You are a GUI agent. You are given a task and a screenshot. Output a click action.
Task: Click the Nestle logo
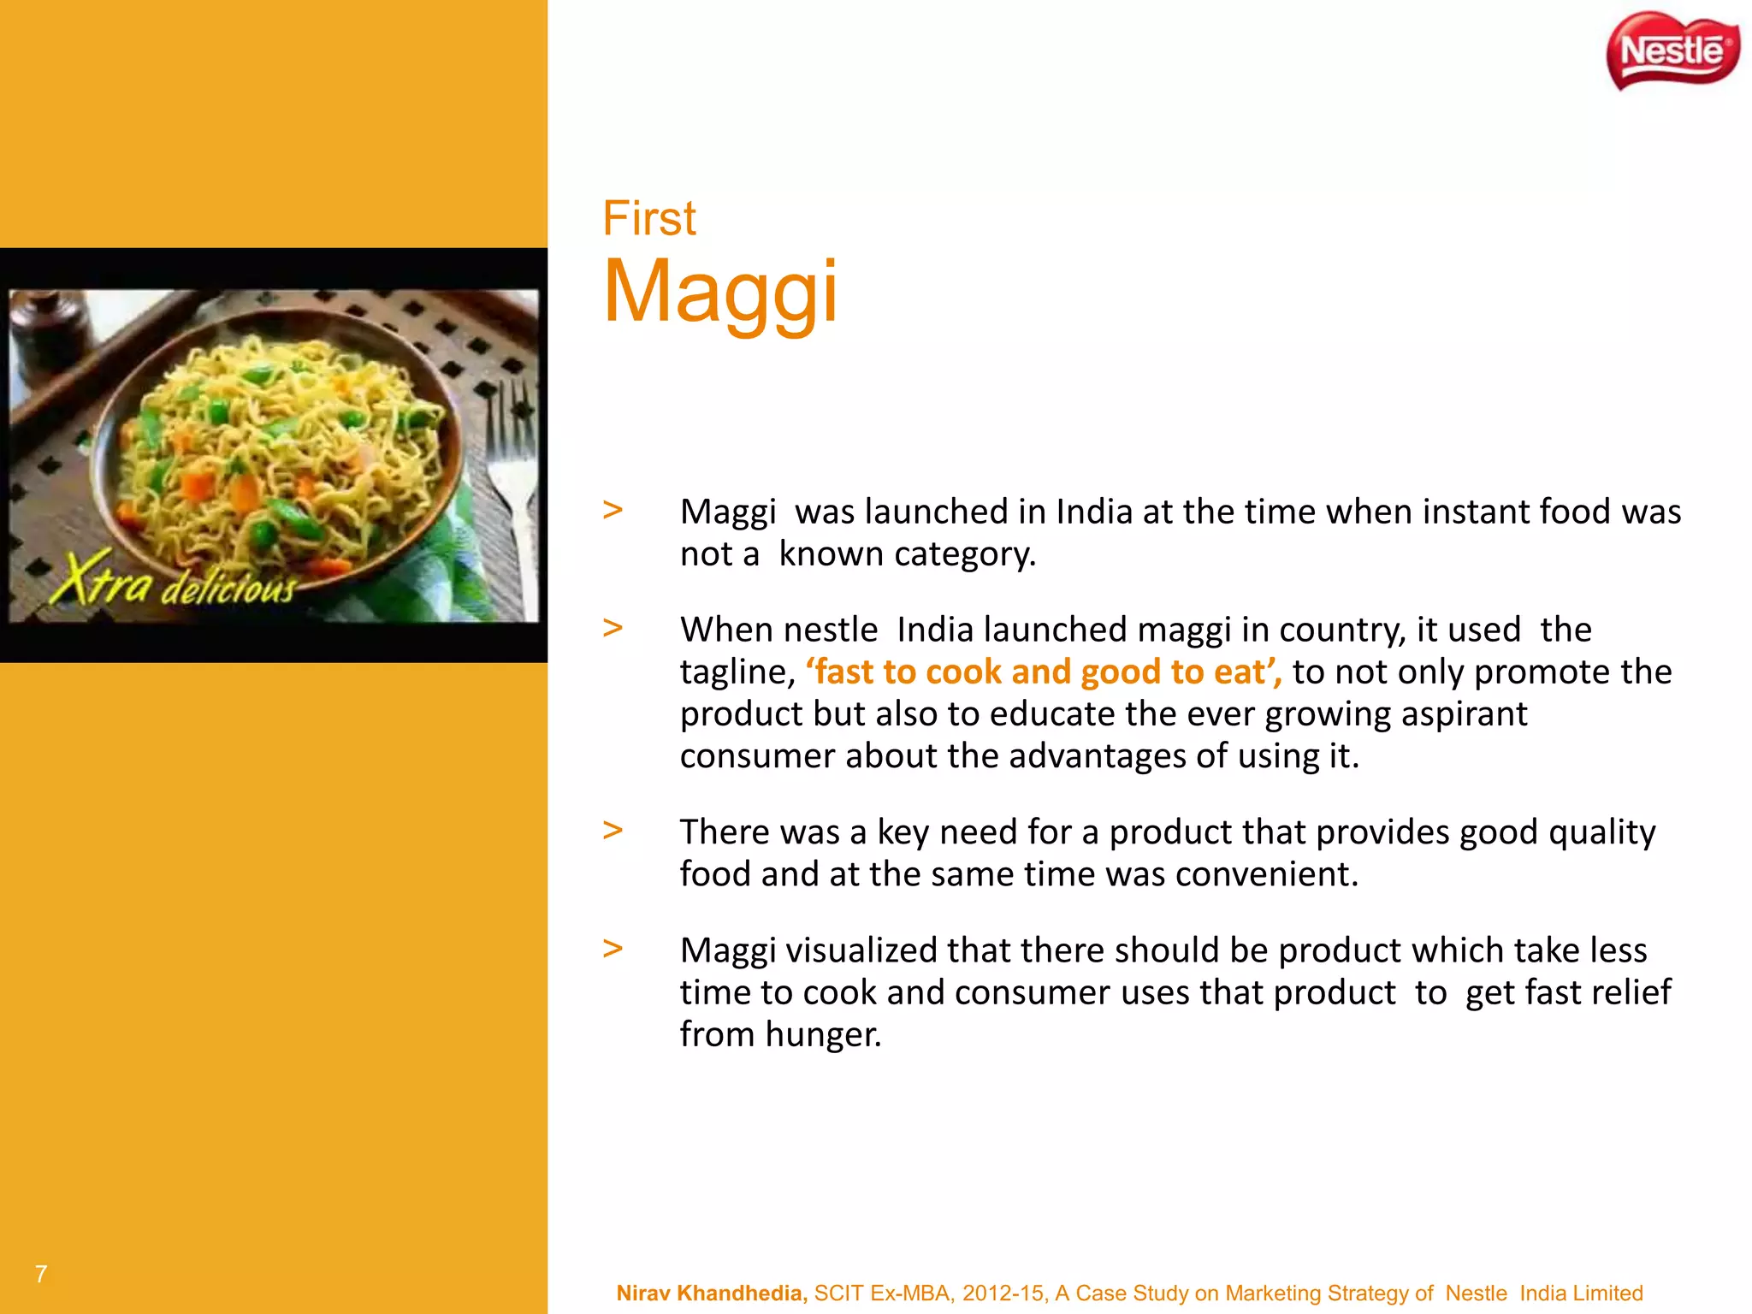coord(1672,51)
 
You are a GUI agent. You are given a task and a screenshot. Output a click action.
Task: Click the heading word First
coord(649,218)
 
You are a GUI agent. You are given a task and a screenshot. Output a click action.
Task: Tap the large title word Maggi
coord(720,293)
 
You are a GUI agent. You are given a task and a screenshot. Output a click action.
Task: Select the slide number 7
coord(41,1274)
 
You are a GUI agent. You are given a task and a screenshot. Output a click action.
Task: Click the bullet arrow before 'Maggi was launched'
coord(613,511)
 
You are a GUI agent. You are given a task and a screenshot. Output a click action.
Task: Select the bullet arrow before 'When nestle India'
coord(613,629)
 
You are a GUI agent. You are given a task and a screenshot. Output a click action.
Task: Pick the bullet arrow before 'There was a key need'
coord(613,831)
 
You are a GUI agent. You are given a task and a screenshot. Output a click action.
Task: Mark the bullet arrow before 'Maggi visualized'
coord(613,949)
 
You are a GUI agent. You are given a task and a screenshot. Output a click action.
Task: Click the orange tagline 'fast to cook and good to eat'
coord(1044,672)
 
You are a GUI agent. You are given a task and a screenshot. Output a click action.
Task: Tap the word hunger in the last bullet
coord(823,1034)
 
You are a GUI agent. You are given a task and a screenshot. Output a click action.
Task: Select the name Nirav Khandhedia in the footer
coord(712,1293)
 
